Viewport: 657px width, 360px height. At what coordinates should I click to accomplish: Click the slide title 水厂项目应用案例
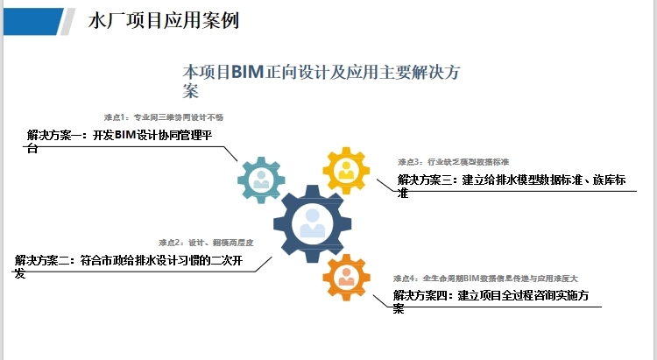(164, 20)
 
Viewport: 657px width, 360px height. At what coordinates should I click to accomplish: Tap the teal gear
(261, 180)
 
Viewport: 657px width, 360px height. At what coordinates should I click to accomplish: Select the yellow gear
(347, 170)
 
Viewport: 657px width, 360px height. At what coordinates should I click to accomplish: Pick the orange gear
(347, 277)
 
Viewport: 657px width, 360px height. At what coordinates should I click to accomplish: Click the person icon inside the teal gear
(261, 180)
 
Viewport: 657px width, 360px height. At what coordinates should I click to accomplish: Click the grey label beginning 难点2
(206, 242)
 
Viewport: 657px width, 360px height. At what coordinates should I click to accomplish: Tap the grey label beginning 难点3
(453, 162)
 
